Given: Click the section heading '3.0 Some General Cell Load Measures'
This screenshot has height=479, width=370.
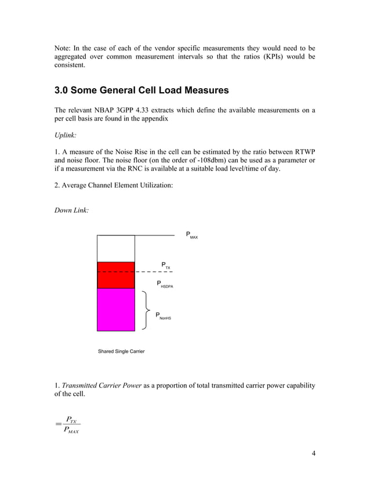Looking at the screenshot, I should [x=142, y=91].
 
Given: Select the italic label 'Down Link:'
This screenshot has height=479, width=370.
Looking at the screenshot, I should [x=71, y=211].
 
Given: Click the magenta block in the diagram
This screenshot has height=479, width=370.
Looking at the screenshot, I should [x=115, y=309].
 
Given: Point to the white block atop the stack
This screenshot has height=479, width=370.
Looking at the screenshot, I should [x=115, y=248].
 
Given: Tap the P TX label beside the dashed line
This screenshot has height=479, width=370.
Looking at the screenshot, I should [x=166, y=266].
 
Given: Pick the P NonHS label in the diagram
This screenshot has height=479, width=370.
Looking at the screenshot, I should [x=163, y=317].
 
